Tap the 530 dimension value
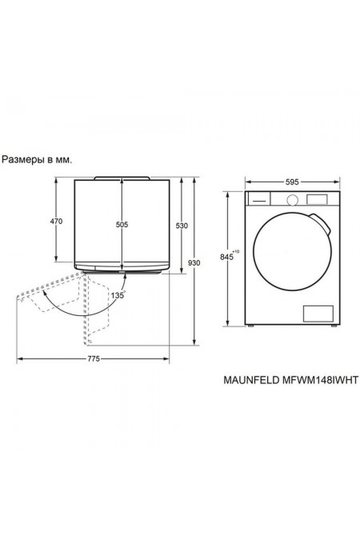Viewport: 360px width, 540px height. tap(182, 226)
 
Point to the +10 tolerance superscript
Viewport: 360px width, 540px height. tap(236, 252)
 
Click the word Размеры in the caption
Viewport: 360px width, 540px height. tap(25, 159)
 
